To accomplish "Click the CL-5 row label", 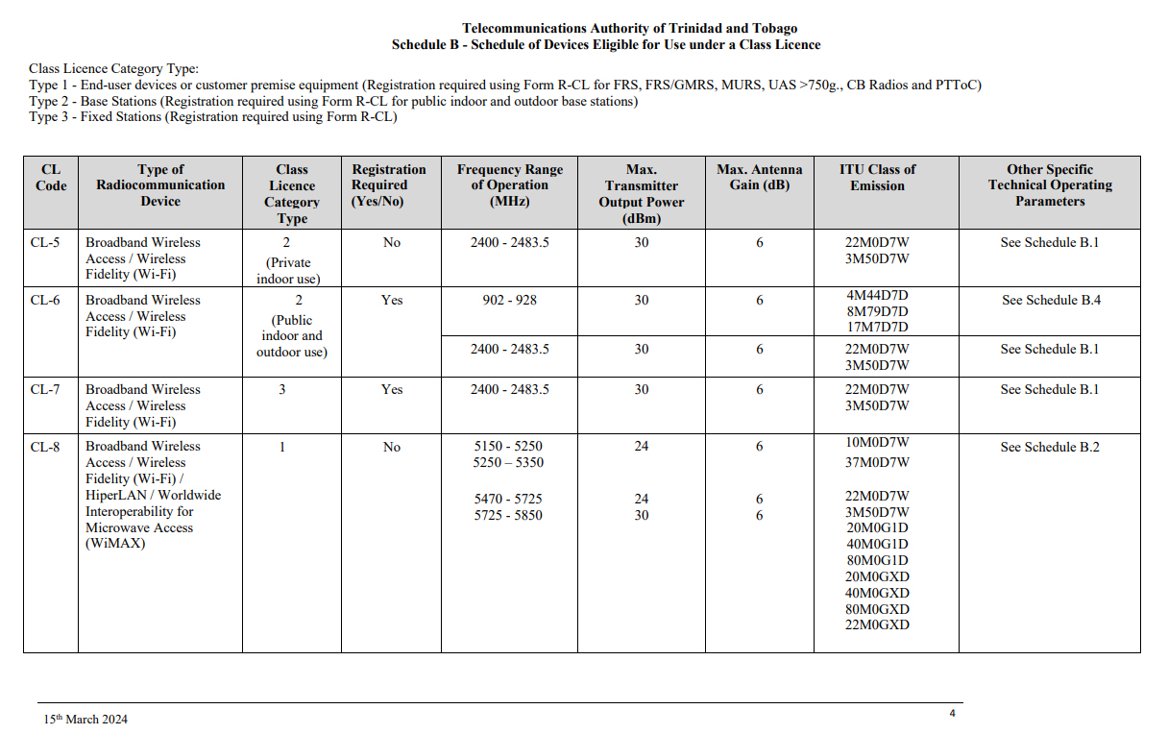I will [x=45, y=243].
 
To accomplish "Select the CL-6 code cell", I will [x=45, y=301].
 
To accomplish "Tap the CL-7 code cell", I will [x=45, y=390].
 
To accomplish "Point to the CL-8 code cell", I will [x=45, y=447].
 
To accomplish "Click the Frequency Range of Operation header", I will [x=509, y=185].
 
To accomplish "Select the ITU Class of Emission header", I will [x=877, y=178].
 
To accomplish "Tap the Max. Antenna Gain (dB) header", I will [x=759, y=178].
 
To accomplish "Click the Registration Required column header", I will [x=389, y=185].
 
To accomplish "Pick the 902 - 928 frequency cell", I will [x=509, y=301].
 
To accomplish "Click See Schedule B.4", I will [x=1051, y=301].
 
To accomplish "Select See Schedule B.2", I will [x=1050, y=448].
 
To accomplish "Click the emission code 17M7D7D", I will [x=877, y=327].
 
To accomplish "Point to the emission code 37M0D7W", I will [x=877, y=463].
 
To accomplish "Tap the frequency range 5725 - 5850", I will [x=508, y=516].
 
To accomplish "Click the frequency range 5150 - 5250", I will [x=508, y=447].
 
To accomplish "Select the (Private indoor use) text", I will [x=289, y=271].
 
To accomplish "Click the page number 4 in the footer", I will [x=952, y=714].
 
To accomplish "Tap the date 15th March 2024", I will [x=85, y=720].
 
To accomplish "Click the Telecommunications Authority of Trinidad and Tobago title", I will [x=629, y=29].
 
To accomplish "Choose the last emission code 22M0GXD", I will [x=877, y=625].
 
